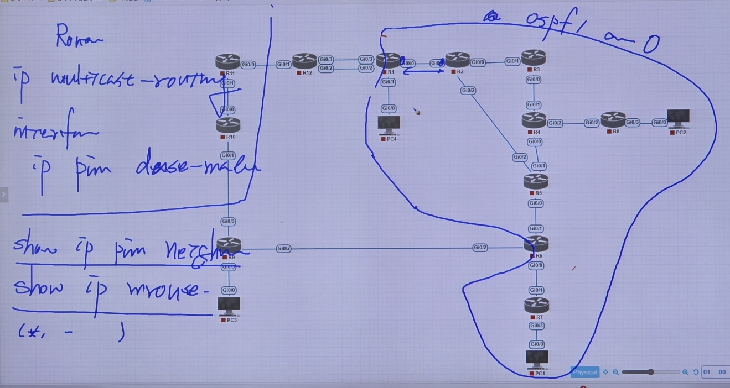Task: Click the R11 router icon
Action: [x=227, y=62]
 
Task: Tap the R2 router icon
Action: [x=457, y=60]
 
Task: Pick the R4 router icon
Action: [x=534, y=120]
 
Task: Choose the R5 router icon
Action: [x=536, y=181]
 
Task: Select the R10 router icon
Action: [x=227, y=125]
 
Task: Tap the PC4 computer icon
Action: [x=389, y=124]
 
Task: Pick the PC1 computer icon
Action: [x=536, y=359]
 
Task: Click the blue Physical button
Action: [x=584, y=372]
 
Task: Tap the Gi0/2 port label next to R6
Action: [x=480, y=248]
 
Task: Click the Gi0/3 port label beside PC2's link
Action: [x=633, y=122]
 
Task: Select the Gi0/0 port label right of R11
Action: [x=248, y=65]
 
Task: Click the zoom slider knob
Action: [x=651, y=372]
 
